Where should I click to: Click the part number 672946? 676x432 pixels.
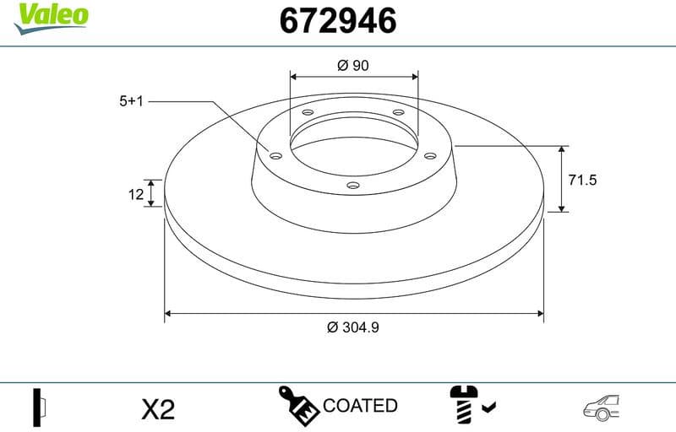click(337, 20)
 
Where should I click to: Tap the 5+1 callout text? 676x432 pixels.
click(132, 100)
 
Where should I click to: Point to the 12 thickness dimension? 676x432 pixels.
click(135, 195)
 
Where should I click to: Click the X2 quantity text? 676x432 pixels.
click(157, 409)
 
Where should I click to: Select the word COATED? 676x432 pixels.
click(360, 406)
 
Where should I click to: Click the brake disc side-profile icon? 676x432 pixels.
click(39, 408)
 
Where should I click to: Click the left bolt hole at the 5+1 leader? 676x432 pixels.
click(275, 154)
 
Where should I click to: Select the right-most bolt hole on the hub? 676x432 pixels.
click(428, 156)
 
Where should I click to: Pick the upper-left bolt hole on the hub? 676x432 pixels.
click(307, 114)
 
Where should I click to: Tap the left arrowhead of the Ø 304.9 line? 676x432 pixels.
click(168, 313)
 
